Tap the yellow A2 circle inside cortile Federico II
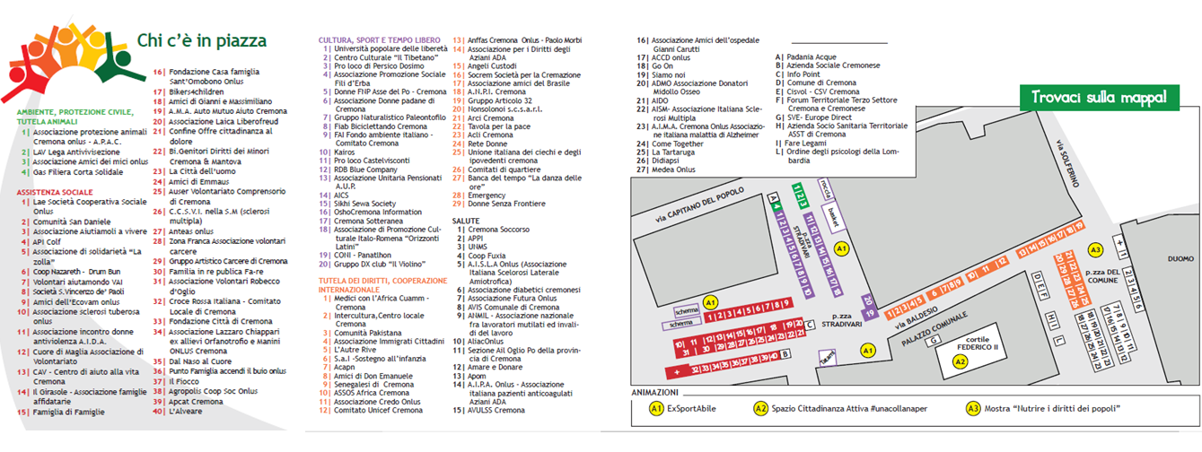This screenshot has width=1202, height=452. [960, 361]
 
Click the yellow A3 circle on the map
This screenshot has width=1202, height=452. [1095, 250]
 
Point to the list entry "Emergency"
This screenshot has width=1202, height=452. [487, 195]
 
